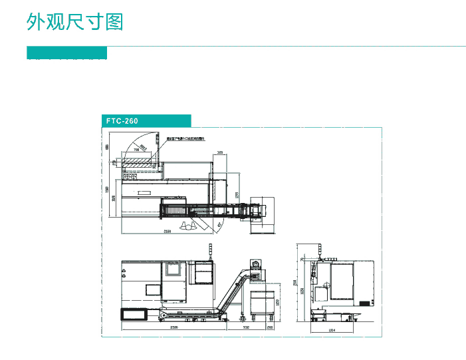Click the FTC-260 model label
point(122,120)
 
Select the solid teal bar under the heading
point(66,53)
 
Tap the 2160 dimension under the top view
point(168,231)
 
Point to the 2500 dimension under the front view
point(174,327)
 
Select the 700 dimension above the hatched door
point(137,150)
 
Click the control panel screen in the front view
point(154,290)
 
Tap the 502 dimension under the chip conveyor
point(246,327)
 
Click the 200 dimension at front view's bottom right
point(271,327)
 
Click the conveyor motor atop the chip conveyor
point(255,264)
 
